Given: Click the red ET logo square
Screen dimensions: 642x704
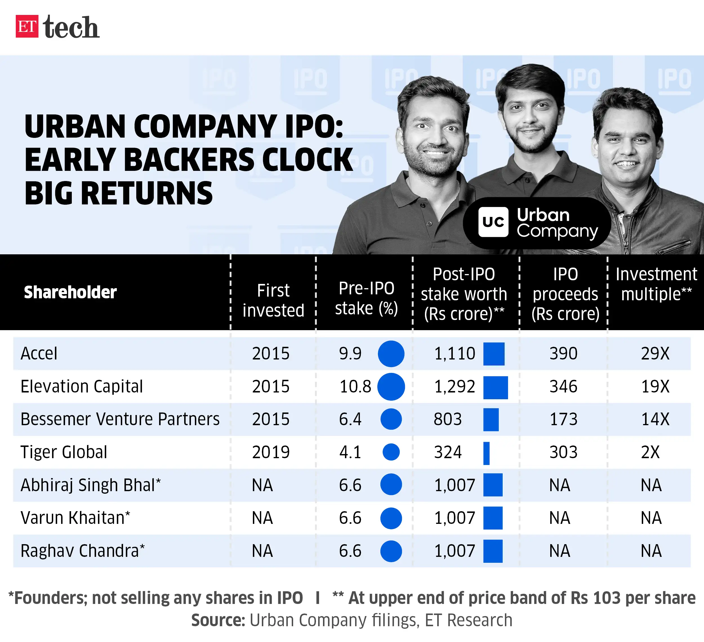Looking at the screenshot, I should pos(27,26).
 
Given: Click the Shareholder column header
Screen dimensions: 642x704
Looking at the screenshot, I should pos(70,292).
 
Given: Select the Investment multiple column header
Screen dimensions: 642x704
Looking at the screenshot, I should pos(656,284).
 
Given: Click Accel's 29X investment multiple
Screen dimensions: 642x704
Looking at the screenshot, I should pos(655,354).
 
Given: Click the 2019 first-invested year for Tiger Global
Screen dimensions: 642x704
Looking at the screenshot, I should pos(271,452).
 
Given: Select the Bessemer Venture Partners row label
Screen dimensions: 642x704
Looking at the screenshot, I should pos(120,419).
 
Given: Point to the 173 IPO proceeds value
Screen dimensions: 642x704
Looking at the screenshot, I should pos(563,419).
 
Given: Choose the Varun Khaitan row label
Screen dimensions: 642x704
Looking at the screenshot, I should pos(75,518).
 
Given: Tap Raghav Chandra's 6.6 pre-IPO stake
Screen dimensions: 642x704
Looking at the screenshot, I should pos(350,551).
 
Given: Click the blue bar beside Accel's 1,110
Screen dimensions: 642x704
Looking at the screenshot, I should pos(494,354).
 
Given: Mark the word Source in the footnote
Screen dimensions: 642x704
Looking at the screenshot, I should pos(218,620).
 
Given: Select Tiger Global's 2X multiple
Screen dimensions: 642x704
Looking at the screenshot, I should pos(650,452).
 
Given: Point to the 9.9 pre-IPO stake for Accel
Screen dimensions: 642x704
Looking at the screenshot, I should pos(350,354).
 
